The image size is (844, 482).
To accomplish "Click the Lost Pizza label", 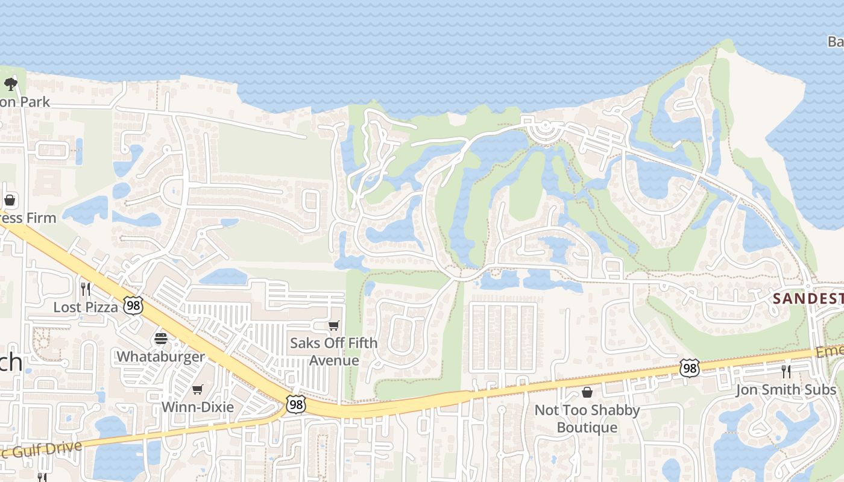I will tap(86, 307).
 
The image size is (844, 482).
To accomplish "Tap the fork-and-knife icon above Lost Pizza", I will tap(86, 289).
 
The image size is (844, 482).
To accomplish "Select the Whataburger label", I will tap(161, 356).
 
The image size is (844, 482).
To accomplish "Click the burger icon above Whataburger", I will tap(161, 338).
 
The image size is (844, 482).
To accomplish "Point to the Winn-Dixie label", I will tap(197, 407).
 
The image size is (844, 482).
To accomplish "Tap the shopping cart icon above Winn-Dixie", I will tap(197, 389).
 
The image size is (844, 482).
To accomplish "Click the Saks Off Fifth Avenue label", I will tap(334, 351).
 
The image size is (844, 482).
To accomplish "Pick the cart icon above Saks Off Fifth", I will tap(334, 325).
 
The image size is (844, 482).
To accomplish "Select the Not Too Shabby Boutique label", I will tap(587, 419).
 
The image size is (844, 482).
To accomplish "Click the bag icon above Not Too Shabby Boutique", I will tap(587, 393).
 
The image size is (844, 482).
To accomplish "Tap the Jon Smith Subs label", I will tap(786, 390).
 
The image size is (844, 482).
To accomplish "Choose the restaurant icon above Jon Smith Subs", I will tap(786, 371).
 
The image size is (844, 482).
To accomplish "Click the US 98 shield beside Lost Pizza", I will tap(133, 305).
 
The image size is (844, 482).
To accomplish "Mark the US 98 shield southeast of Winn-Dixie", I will tap(295, 404).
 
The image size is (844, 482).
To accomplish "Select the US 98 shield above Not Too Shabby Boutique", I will tap(689, 368).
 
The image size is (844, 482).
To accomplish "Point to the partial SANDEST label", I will tap(808, 298).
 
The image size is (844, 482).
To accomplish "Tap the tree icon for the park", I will tap(10, 84).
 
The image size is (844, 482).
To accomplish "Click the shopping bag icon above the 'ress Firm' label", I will tap(10, 199).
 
